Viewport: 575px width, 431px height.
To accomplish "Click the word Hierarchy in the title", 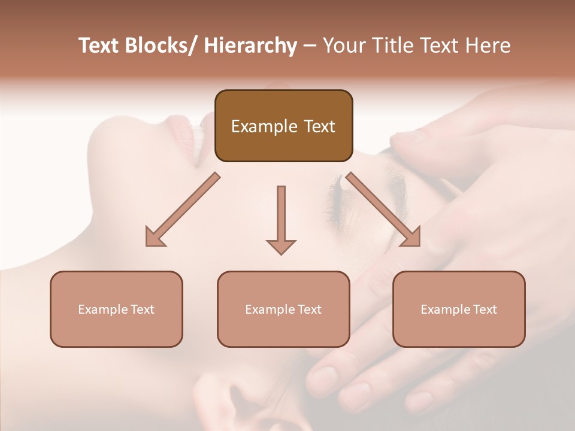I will [250, 46].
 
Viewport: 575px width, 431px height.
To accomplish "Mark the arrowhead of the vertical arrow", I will [281, 246].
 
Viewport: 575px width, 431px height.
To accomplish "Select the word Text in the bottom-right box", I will [485, 309].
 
